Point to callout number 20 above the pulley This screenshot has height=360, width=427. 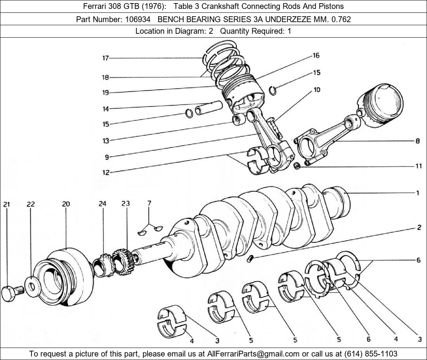click(66, 204)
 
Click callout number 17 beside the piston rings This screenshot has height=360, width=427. click(106, 58)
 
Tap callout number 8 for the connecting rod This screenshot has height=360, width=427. click(418, 141)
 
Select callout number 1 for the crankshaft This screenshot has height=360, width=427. click(418, 193)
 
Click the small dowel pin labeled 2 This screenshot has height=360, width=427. click(250, 258)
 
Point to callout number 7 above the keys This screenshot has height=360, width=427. click(149, 203)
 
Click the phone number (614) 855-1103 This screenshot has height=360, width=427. click(371, 354)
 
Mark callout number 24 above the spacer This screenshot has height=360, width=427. click(102, 204)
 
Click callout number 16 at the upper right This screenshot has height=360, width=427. click(316, 56)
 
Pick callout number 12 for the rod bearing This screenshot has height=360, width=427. click(106, 173)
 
